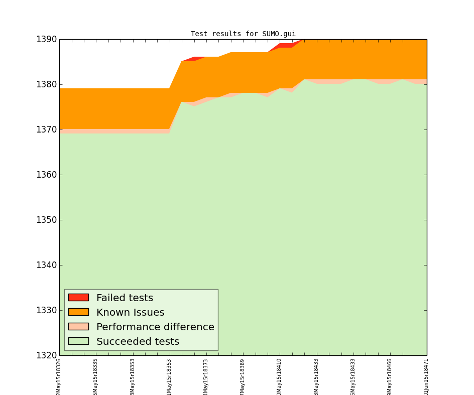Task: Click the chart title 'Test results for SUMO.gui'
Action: pyautogui.click(x=243, y=34)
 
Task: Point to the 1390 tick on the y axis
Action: pyautogui.click(x=46, y=40)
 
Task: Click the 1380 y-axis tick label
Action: pyautogui.click(x=46, y=85)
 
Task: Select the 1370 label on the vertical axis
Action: pyautogui.click(x=46, y=130)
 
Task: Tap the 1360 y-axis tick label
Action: pyautogui.click(x=46, y=175)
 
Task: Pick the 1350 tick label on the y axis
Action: pyautogui.click(x=46, y=220)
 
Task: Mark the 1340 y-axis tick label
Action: pyautogui.click(x=46, y=266)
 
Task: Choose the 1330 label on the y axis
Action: pyautogui.click(x=46, y=311)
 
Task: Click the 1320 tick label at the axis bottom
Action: pyautogui.click(x=46, y=356)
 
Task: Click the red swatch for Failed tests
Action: pyautogui.click(x=78, y=298)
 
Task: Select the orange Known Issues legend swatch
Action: pyautogui.click(x=78, y=312)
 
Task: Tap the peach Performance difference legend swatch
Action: pyautogui.click(x=78, y=327)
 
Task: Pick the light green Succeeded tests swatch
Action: pyautogui.click(x=78, y=341)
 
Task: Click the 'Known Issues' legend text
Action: pyautogui.click(x=130, y=313)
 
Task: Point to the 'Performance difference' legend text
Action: pyautogui.click(x=155, y=327)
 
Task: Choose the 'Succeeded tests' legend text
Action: pyautogui.click(x=138, y=342)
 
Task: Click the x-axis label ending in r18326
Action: pyautogui.click(x=59, y=376)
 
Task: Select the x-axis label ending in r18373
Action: pyautogui.click(x=206, y=376)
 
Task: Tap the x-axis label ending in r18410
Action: pyautogui.click(x=279, y=376)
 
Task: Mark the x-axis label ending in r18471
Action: pyautogui.click(x=426, y=376)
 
